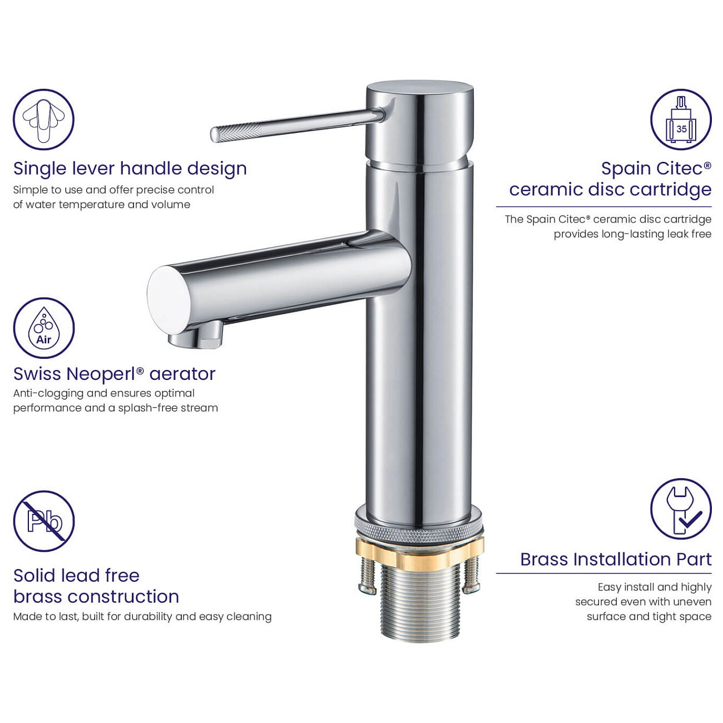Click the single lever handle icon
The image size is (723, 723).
[x=43, y=120]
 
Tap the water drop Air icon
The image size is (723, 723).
[x=43, y=328]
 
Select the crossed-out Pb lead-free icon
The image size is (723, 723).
[x=43, y=521]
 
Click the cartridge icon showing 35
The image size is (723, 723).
[x=681, y=120]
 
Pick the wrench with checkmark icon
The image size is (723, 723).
[x=681, y=509]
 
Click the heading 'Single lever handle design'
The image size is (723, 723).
[x=130, y=169]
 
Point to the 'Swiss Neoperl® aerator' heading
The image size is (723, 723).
[x=115, y=374]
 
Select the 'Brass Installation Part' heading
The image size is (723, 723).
[x=616, y=559]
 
